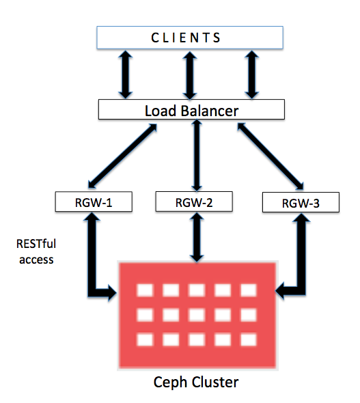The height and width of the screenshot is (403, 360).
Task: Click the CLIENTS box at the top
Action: (190, 38)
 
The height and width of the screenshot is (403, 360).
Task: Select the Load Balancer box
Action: (191, 109)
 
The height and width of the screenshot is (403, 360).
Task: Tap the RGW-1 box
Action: (94, 201)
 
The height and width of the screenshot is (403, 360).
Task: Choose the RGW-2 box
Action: (194, 201)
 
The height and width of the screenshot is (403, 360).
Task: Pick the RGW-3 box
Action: (301, 203)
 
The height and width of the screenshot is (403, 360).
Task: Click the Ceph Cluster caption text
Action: (196, 383)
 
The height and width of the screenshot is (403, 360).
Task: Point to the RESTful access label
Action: (36, 251)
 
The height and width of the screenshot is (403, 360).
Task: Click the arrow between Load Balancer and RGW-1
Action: (122, 156)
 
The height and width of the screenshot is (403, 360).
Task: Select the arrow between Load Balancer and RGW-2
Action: (197, 155)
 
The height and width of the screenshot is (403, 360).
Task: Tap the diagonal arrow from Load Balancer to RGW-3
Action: (271, 156)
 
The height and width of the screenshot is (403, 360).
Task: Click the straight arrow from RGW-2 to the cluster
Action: (197, 237)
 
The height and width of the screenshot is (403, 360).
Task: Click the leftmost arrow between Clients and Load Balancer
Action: (126, 74)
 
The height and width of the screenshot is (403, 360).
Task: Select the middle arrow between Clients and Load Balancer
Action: (190, 75)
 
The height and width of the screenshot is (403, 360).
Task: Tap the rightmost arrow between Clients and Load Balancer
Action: (252, 74)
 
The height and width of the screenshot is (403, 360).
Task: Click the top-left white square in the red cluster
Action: (146, 290)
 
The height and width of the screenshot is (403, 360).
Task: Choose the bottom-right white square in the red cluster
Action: (249, 339)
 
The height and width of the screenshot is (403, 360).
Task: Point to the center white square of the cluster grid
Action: (197, 315)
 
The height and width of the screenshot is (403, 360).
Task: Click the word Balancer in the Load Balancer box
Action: (210, 111)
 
